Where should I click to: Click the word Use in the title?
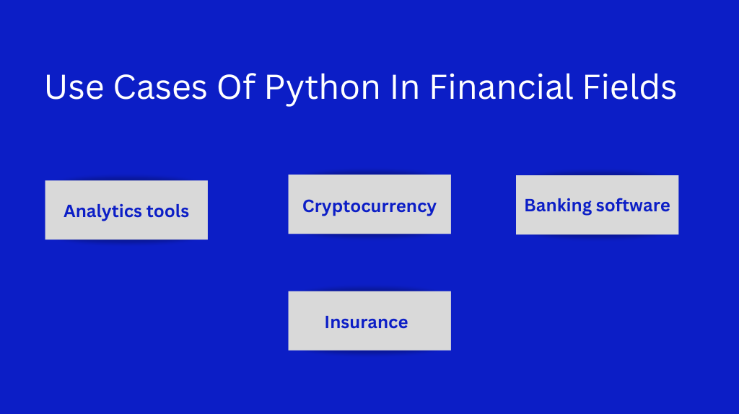74,87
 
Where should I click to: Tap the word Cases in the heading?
160,87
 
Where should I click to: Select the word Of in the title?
236,87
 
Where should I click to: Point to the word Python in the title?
323,89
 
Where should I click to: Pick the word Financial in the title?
502,87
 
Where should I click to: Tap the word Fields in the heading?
629,87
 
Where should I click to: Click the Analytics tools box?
126,210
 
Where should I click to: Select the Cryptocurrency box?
369,204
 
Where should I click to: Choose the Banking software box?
597,205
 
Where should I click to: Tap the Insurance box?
369,321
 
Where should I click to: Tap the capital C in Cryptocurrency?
308,206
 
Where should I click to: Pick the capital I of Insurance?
327,322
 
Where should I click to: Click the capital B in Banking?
530,206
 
